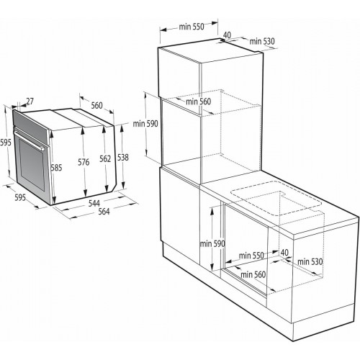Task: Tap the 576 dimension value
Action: click(x=84, y=163)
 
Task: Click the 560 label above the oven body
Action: click(x=97, y=105)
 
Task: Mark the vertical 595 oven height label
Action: click(x=6, y=143)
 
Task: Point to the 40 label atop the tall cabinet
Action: click(x=227, y=34)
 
